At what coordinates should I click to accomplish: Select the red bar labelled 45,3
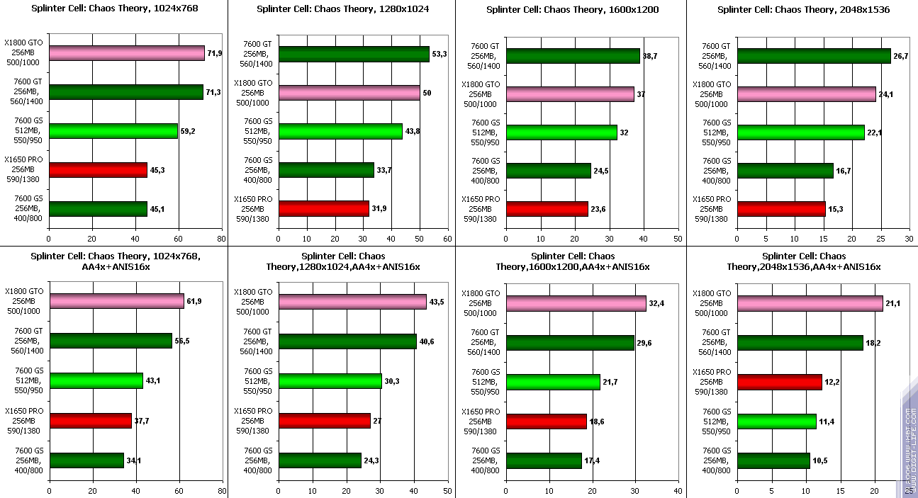(x=98, y=170)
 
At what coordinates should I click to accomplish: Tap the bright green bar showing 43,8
(x=340, y=132)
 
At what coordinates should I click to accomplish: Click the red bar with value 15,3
(x=781, y=209)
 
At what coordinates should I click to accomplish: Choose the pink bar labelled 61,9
(x=116, y=302)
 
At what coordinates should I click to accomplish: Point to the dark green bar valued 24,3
(x=320, y=460)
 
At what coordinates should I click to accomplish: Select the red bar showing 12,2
(x=779, y=382)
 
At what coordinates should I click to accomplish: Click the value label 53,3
(x=440, y=55)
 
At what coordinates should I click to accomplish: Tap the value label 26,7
(x=901, y=56)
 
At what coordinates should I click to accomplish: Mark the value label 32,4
(x=657, y=303)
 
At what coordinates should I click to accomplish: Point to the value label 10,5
(x=820, y=460)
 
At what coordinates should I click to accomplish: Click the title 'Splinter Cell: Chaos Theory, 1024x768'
(x=114, y=9)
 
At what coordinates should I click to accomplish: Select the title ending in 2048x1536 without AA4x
(x=803, y=10)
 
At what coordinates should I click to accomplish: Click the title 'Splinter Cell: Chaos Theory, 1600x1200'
(x=573, y=10)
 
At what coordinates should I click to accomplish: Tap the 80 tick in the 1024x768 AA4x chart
(x=222, y=490)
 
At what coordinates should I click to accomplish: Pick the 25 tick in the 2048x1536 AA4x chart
(x=909, y=490)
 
